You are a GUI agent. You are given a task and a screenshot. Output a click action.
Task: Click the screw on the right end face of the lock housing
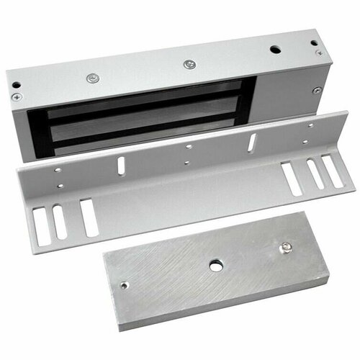[x=317, y=90]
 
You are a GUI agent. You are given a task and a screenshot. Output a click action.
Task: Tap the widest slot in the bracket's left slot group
[x=89, y=217]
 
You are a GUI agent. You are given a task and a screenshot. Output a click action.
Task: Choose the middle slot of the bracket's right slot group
[x=313, y=174]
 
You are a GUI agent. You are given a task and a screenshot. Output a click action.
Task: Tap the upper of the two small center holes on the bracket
[x=188, y=146]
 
